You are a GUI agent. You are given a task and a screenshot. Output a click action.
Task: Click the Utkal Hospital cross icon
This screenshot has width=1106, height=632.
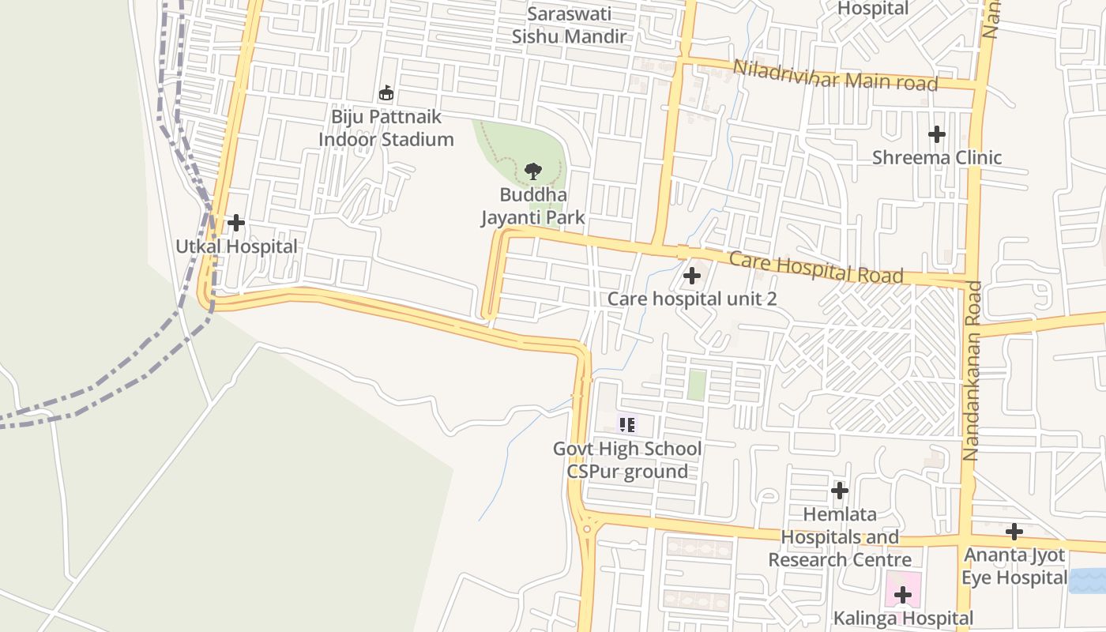pos(235,223)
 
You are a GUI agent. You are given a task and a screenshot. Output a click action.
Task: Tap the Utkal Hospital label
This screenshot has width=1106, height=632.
pos(236,246)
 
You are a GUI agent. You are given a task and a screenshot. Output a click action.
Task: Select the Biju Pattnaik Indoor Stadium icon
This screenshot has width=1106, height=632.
pos(386,93)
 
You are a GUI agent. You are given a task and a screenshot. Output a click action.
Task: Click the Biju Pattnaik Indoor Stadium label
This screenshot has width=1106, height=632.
pos(386,128)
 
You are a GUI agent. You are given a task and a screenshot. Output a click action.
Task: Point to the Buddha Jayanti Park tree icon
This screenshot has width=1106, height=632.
pos(533,171)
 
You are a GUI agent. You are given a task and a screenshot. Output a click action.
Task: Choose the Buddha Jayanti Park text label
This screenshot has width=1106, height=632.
pos(533,205)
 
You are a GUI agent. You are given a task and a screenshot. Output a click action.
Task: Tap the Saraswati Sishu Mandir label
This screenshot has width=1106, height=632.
pos(569,25)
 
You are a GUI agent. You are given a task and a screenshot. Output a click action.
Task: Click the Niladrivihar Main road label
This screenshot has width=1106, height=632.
pos(836,76)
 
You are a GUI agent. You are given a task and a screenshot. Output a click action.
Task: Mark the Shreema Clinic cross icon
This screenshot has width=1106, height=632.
pos(937,134)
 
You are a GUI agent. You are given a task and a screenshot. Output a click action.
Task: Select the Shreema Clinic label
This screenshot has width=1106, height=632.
pos(937,157)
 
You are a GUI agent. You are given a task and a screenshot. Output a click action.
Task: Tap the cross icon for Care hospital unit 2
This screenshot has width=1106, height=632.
pos(692,276)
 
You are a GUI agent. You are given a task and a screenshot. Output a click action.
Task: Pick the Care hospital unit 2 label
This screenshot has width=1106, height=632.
pos(692,299)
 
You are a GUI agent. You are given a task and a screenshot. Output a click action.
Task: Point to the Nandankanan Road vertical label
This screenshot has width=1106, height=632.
pos(972,371)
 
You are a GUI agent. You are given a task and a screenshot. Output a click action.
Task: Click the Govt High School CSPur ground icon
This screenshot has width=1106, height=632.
pos(627,425)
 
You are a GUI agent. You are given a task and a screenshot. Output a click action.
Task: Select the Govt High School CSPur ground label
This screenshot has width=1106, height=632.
pos(627,460)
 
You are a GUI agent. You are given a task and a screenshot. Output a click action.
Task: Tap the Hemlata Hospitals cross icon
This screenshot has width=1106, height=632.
pos(840,491)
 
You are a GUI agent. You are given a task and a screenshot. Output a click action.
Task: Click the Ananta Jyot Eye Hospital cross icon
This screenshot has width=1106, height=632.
pos(1014,532)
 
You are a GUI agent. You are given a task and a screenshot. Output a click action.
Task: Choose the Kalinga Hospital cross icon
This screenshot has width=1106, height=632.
pos(903,595)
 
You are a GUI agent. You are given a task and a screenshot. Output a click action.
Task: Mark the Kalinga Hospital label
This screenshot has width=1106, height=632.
pos(903,618)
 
